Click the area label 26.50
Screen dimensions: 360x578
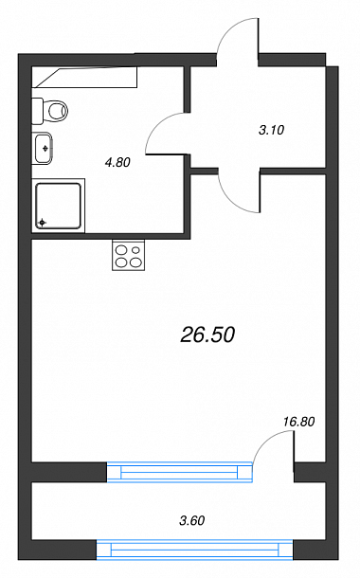pos(207,335)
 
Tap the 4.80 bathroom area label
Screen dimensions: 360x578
pos(117,162)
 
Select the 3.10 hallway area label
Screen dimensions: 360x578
pos(272,130)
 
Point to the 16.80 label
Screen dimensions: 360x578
pos(298,422)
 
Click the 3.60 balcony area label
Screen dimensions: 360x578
pos(192,520)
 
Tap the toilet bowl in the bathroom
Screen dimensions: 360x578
pos(58,110)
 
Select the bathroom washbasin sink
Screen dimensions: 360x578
pos(43,148)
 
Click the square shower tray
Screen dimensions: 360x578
pos(59,206)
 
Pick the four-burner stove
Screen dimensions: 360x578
pos(128,255)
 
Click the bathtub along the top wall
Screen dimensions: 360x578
pos(84,77)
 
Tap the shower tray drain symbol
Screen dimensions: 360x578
pos(43,223)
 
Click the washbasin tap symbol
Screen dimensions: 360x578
pos(45,148)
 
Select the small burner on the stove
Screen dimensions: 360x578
pos(136,250)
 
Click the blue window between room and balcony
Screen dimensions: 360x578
pos(180,472)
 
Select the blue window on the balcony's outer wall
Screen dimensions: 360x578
pos(194,550)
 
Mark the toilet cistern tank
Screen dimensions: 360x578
pos(37,111)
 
